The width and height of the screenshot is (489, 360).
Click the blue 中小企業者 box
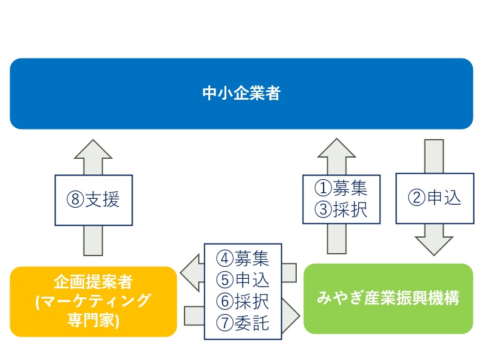pyautogui.click(x=241, y=94)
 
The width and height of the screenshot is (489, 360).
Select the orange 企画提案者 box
pyautogui.click(x=93, y=301)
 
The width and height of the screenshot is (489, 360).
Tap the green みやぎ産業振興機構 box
pyautogui.click(x=388, y=299)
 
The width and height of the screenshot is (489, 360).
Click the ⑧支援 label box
pyautogui.click(x=94, y=200)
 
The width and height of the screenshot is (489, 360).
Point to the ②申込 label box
pyautogui.click(x=435, y=198)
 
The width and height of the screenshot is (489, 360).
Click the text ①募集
pyautogui.click(x=341, y=188)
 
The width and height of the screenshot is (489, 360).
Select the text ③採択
pyautogui.click(x=341, y=210)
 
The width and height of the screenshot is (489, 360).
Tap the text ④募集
pyautogui.click(x=242, y=259)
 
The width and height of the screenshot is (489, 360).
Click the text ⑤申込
pyautogui.click(x=242, y=280)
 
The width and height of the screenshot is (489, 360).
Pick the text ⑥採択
pyautogui.click(x=242, y=301)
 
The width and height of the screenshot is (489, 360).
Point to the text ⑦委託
pyautogui.click(x=242, y=323)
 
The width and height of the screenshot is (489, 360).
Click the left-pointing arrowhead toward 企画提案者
pyautogui.click(x=191, y=273)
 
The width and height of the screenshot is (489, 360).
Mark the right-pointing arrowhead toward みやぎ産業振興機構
pyautogui.click(x=290, y=316)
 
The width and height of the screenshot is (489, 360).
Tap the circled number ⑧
pyautogui.click(x=75, y=199)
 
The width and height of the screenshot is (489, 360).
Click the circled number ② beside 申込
pyautogui.click(x=417, y=198)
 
